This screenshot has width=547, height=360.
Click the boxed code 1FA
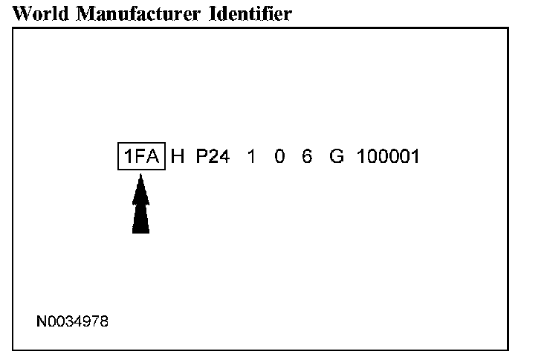click(141, 157)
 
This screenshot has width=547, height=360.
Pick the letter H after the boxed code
click(178, 157)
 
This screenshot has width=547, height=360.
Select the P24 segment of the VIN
click(213, 157)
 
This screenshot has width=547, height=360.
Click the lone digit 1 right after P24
click(251, 157)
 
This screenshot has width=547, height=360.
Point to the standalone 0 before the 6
click(279, 157)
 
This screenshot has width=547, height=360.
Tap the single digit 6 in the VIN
click(307, 157)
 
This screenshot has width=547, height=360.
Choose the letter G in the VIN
click(337, 157)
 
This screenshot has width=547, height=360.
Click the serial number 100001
click(388, 157)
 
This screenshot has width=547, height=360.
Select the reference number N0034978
click(72, 322)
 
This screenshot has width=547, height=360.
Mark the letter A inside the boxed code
click(152, 157)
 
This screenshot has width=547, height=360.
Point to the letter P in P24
click(202, 157)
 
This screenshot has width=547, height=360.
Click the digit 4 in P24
click(225, 157)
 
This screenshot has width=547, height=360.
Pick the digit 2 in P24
click(214, 157)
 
